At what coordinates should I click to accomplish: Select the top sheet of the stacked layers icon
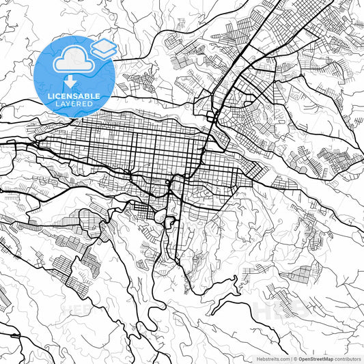tap(104, 44)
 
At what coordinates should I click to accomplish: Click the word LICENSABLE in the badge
tap(74, 96)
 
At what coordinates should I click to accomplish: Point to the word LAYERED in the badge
tap(74, 104)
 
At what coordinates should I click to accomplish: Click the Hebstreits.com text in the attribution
tap(272, 358)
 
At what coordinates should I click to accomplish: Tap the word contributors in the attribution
tap(348, 358)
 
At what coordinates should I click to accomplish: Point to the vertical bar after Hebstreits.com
tap(291, 358)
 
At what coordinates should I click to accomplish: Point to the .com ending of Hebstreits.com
tap(283, 358)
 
